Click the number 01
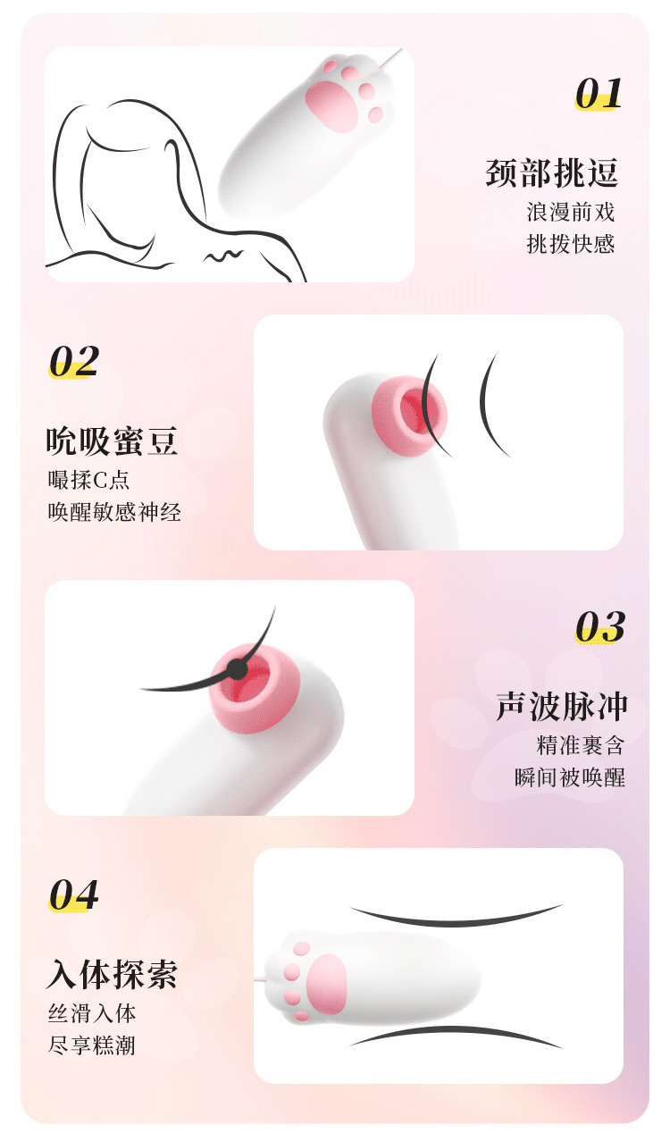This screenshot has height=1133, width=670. [599, 94]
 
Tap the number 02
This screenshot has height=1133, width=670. [73, 361]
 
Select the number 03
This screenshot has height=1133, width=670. [599, 626]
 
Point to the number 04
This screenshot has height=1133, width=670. [73, 894]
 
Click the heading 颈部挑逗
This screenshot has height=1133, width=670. [552, 173]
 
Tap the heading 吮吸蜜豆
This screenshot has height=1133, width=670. [112, 441]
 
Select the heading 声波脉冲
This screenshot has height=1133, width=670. [561, 707]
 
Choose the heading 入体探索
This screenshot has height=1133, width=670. [112, 974]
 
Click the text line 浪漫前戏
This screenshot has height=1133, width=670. [570, 212]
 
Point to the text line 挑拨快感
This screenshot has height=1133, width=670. [570, 244]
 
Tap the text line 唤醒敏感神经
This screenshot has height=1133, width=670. [114, 512]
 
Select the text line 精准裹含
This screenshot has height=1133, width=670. [581, 745]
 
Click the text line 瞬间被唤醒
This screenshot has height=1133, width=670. [570, 778]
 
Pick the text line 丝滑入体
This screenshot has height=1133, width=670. [92, 1013]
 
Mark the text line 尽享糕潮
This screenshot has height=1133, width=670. [92, 1045]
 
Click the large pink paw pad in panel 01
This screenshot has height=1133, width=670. [331, 106]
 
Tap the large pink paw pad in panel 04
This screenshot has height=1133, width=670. [327, 985]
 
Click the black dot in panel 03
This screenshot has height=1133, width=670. [236, 669]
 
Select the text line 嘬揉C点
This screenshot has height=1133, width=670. [89, 480]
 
